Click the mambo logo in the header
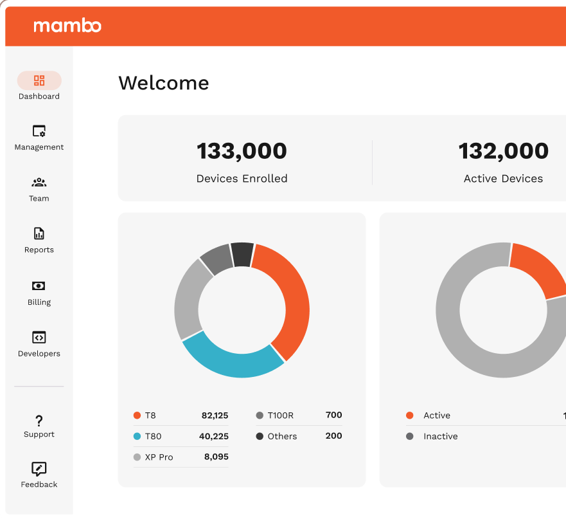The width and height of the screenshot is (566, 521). pos(67,26)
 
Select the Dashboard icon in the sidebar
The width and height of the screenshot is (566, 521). pos(39,80)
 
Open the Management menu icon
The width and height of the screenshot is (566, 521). pos(39,131)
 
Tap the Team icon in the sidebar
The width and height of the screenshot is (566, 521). pos(39,183)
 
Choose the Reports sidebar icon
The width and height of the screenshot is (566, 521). pos(39,233)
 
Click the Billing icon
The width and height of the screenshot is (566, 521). pos(39,286)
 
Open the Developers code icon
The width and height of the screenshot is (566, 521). pos(39,337)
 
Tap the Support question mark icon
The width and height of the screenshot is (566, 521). pos(39,421)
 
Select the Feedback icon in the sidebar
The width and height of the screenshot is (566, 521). pos(39,470)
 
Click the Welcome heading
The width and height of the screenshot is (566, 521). pos(164,83)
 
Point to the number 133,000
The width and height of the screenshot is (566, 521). pos(242,151)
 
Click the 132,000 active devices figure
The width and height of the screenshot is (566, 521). pos(503,151)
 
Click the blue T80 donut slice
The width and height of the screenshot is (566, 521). pos(231,359)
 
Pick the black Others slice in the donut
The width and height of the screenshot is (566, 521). pos(242,254)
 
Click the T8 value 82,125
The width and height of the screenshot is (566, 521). pos(215,416)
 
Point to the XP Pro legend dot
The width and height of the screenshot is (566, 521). pos(137,457)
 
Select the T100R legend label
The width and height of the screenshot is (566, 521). pos(280,416)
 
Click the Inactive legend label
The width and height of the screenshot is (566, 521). pos(440,436)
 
